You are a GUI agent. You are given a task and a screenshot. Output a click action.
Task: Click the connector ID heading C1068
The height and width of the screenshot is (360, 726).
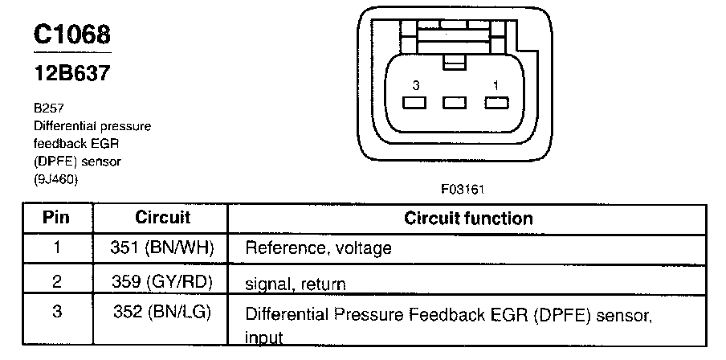tap(72, 35)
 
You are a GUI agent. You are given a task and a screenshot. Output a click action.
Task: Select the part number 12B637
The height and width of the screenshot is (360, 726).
tap(72, 73)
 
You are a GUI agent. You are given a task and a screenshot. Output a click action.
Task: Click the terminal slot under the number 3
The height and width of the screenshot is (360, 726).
tap(414, 103)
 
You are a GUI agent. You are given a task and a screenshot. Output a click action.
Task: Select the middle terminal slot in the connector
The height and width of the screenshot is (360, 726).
tap(455, 103)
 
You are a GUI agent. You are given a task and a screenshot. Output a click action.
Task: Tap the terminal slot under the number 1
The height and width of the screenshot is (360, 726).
tap(496, 103)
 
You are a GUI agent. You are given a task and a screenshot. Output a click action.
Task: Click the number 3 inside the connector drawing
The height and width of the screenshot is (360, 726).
tap(414, 84)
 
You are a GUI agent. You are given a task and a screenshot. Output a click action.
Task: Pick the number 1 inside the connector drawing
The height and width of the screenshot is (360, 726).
tap(496, 84)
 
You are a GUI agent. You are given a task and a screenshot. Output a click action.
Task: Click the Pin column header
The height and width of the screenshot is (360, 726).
tap(56, 218)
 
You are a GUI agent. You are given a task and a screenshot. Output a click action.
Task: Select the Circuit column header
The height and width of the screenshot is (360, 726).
tap(162, 218)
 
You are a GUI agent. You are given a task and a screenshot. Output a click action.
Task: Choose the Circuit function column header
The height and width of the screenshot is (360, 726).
tap(467, 218)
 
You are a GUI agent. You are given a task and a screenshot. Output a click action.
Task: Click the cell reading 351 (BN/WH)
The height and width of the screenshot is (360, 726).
tap(162, 247)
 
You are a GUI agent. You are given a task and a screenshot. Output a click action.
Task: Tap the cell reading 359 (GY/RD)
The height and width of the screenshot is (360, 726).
tap(162, 282)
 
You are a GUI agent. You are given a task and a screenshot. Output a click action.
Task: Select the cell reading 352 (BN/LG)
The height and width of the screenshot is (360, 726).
tap(162, 312)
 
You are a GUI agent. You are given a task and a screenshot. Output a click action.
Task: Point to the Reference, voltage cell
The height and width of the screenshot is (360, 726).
tap(318, 248)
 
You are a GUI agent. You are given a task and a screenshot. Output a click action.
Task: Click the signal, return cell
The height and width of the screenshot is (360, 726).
tap(295, 284)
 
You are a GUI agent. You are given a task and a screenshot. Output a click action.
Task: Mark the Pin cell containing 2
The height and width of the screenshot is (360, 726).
tap(56, 282)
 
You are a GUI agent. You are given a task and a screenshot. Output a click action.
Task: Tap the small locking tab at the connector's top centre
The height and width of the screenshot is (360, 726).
tap(455, 60)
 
